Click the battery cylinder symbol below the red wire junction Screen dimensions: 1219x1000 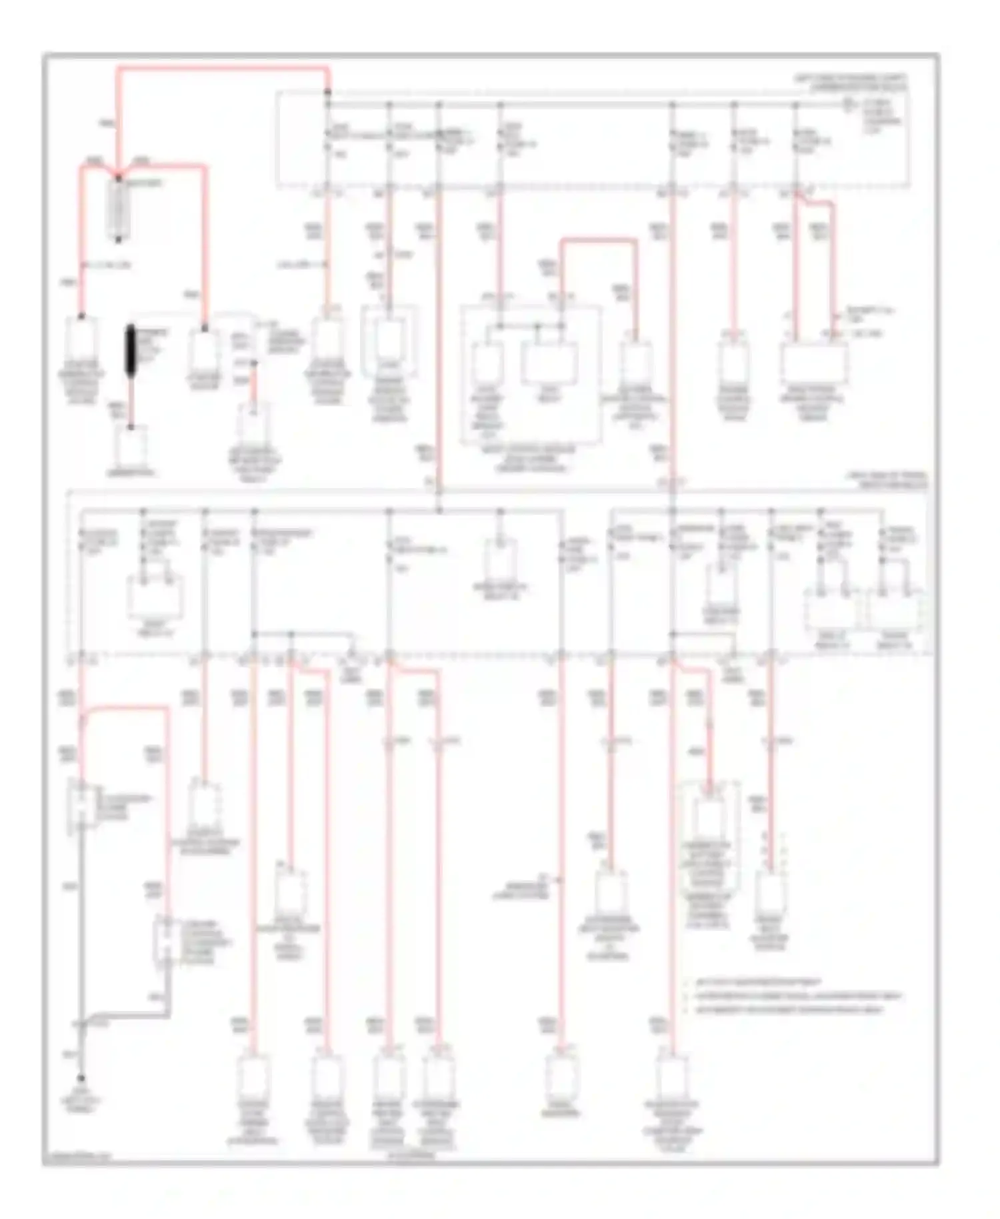[x=119, y=209]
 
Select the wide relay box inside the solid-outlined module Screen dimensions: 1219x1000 [x=548, y=363]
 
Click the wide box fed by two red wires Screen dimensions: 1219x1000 [x=814, y=363]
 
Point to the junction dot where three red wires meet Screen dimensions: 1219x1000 [x=119, y=177]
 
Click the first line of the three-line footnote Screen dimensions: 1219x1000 [x=760, y=982]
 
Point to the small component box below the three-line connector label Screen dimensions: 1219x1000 [x=253, y=420]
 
